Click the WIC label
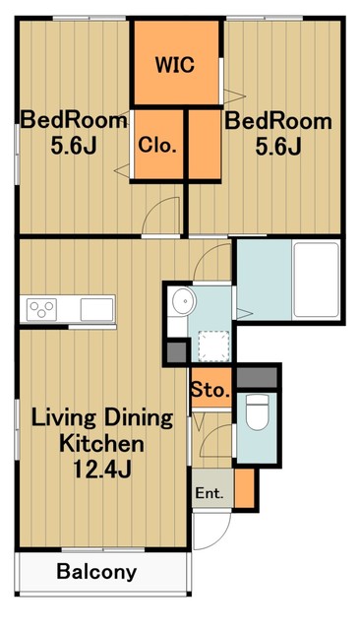175,64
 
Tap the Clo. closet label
157,145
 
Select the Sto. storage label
210,390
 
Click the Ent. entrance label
210,493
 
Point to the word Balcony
96,572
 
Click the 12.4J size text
102,469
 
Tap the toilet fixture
257,412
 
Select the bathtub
316,280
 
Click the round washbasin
183,300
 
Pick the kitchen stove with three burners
41,309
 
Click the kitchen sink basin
96,309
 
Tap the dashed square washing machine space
214,346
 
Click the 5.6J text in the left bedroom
74,147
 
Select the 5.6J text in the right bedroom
278,147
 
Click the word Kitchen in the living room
101,443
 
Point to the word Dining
139,419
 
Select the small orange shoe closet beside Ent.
244,488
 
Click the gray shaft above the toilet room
257,378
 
